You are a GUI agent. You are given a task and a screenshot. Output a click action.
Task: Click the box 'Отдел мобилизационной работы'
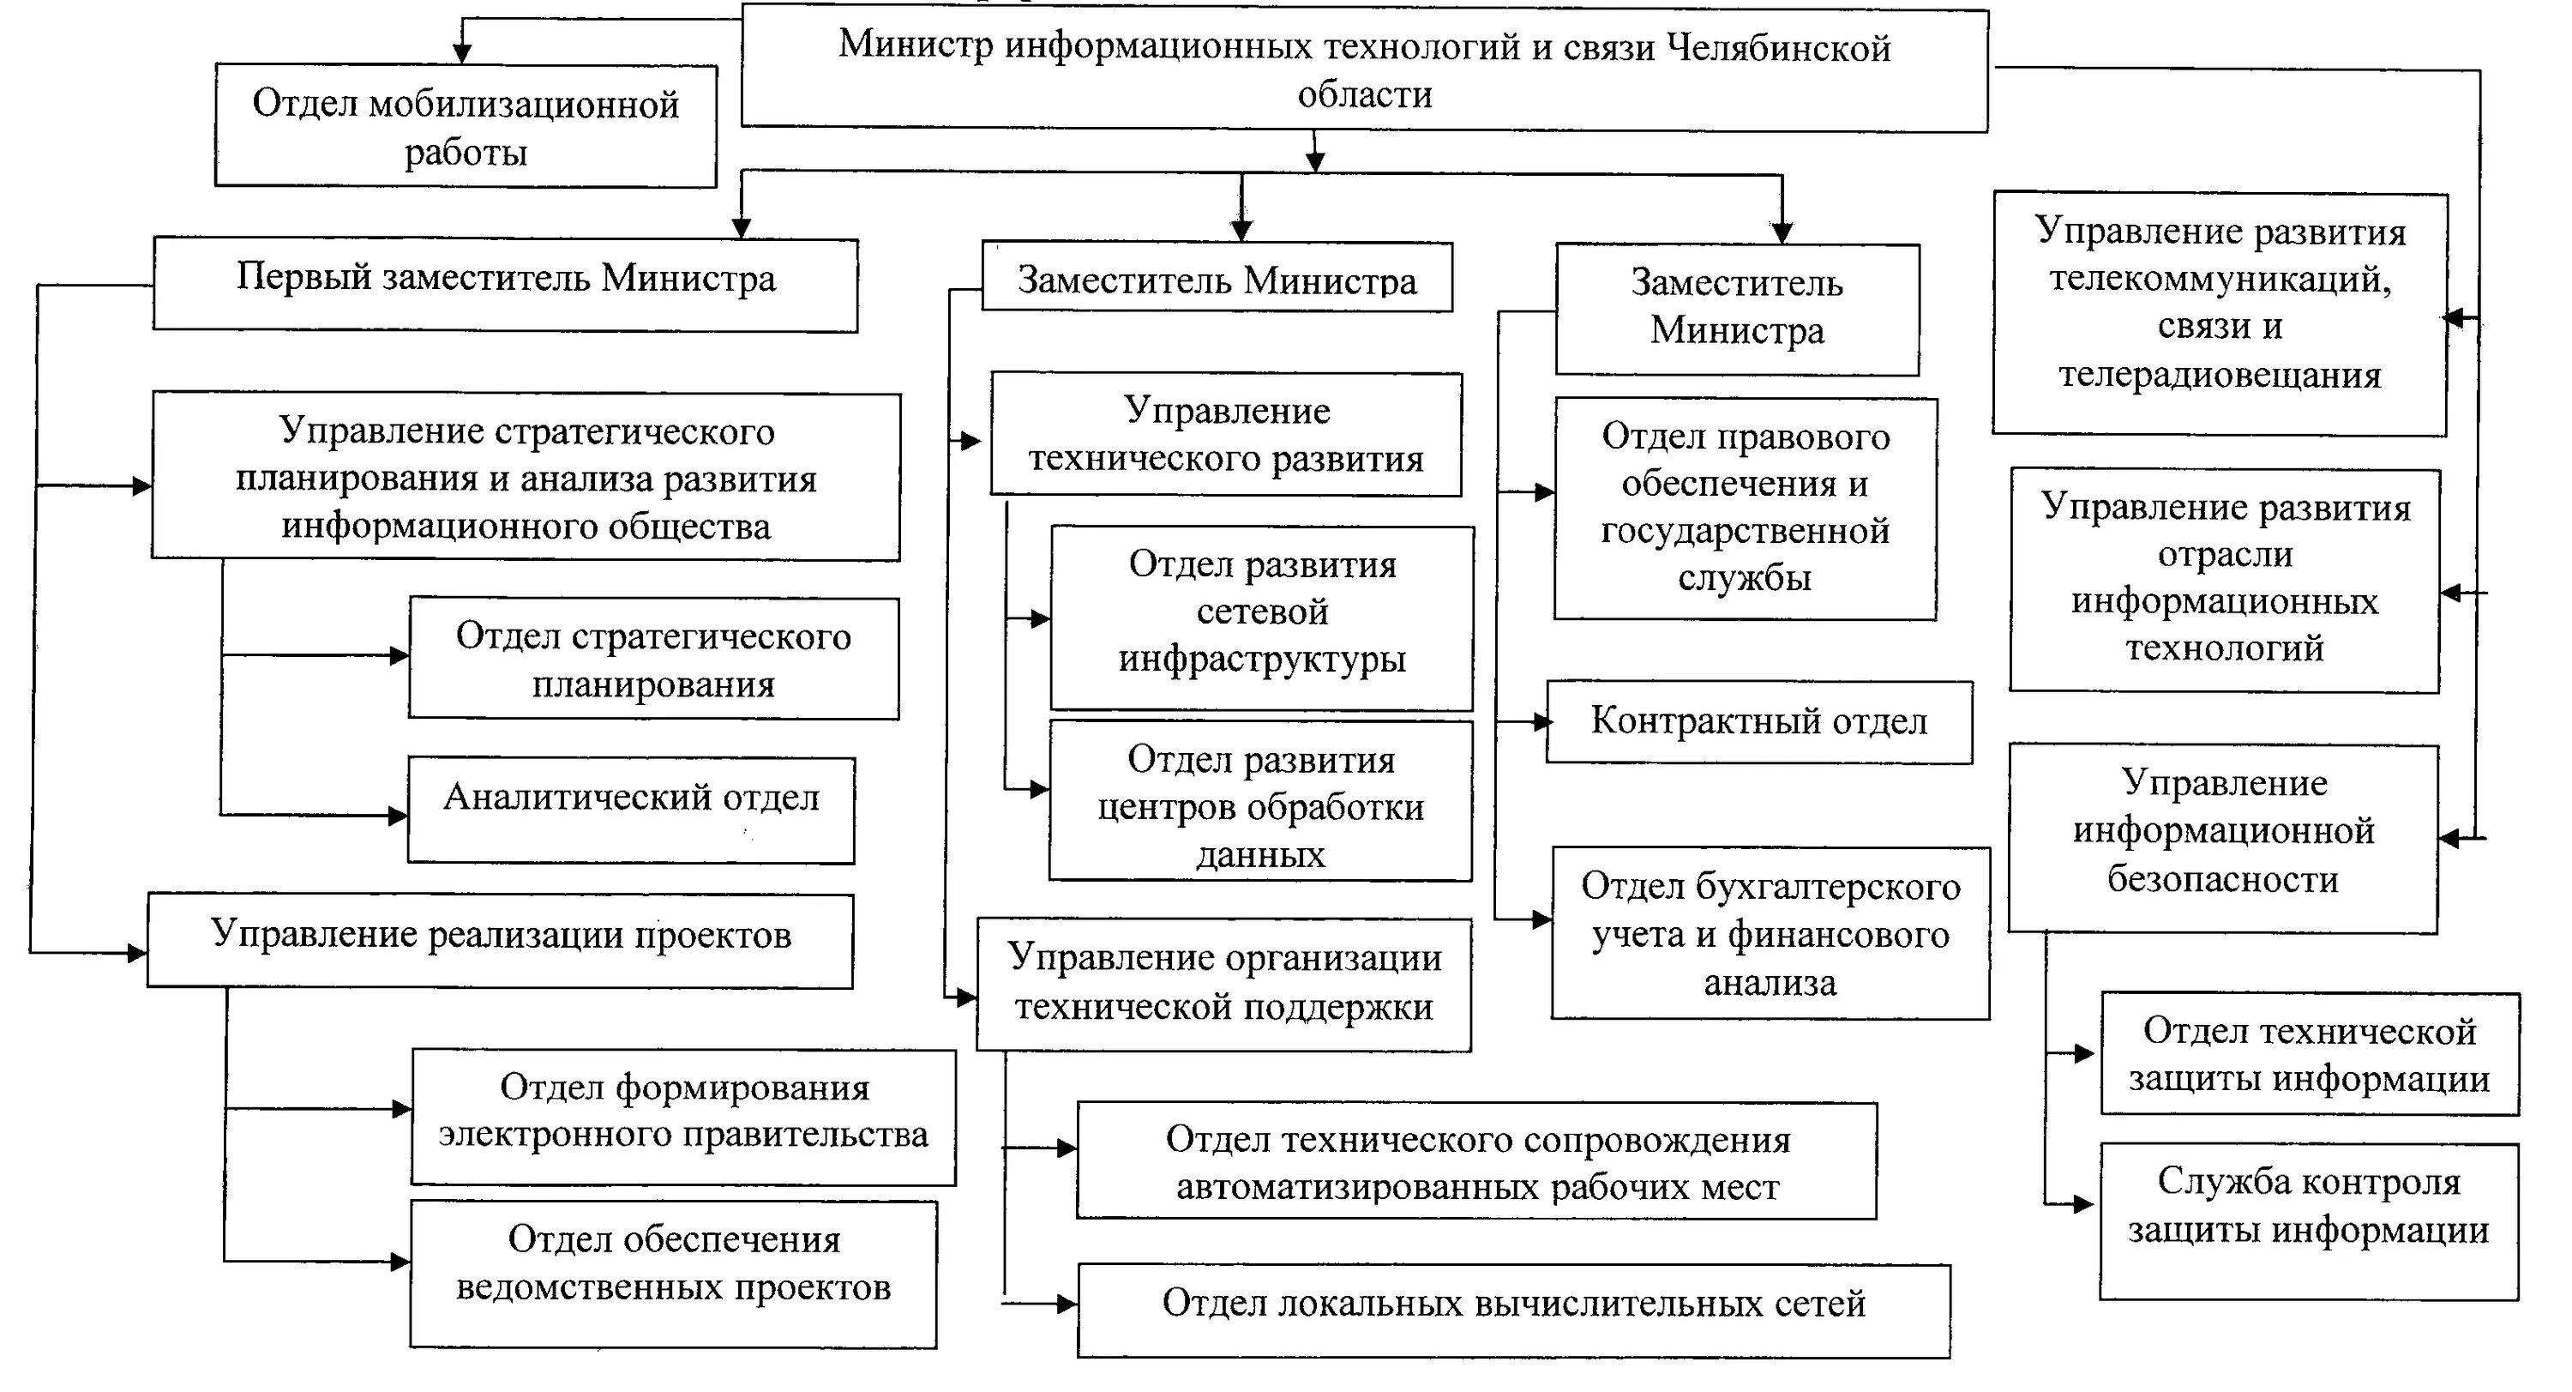point(466,127)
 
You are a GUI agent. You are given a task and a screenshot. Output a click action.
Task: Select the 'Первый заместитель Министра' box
point(505,284)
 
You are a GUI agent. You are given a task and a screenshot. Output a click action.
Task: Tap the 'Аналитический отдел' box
point(631,810)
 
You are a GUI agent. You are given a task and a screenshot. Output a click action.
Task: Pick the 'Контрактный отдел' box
point(1759,722)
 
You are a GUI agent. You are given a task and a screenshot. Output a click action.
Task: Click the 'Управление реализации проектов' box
point(500,940)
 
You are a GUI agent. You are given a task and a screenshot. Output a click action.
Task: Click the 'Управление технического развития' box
point(1226,434)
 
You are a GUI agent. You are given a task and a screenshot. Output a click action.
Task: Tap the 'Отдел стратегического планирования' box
point(653,658)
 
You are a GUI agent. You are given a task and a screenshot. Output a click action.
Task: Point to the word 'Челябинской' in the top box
point(1780,48)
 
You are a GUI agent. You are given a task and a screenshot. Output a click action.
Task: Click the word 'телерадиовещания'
point(2220,376)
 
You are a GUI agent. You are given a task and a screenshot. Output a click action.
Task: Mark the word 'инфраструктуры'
point(1262,659)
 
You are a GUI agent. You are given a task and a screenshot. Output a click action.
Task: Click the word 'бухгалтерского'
point(1770,887)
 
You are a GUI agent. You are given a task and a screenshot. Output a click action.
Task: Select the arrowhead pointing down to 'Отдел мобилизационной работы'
point(462,54)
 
